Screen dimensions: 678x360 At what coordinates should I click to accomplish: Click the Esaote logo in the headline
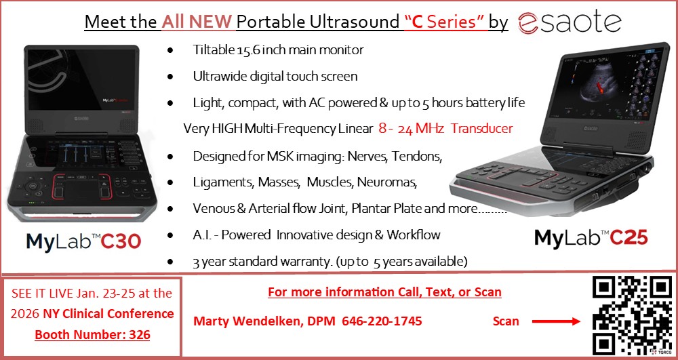point(570,22)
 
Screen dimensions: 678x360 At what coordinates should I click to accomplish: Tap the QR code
point(633,314)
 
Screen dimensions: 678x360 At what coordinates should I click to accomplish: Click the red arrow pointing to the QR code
point(556,321)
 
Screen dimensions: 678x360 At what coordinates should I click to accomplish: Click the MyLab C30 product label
point(83,241)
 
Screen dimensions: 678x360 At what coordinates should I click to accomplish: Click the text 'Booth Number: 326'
point(92,334)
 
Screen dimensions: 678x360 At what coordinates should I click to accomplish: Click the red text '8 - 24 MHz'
point(412,128)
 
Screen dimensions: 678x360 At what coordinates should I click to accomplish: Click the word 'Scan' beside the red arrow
point(506,321)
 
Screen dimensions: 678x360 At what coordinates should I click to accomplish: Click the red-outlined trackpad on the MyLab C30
point(82,186)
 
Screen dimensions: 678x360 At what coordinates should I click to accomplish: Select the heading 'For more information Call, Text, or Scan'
point(384,292)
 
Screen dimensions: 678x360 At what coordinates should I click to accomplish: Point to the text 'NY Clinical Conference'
point(108,314)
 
